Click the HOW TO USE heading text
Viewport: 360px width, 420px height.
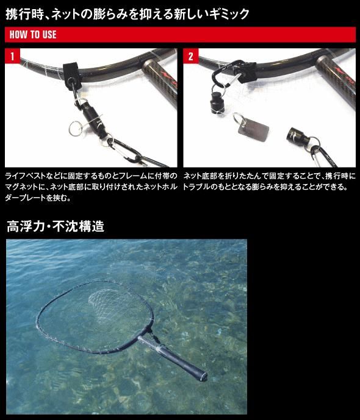click(33, 35)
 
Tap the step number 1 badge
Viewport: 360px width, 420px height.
click(12, 56)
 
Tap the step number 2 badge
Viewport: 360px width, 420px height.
click(191, 56)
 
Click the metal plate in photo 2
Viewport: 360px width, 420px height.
click(253, 131)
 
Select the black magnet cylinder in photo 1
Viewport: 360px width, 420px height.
click(93, 118)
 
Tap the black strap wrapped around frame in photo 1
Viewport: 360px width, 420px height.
click(73, 76)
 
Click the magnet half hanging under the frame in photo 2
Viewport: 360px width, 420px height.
click(217, 102)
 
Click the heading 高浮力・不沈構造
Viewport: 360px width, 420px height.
click(55, 226)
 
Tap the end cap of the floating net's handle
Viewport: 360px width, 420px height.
click(204, 376)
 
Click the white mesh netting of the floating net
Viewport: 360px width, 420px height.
click(115, 305)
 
